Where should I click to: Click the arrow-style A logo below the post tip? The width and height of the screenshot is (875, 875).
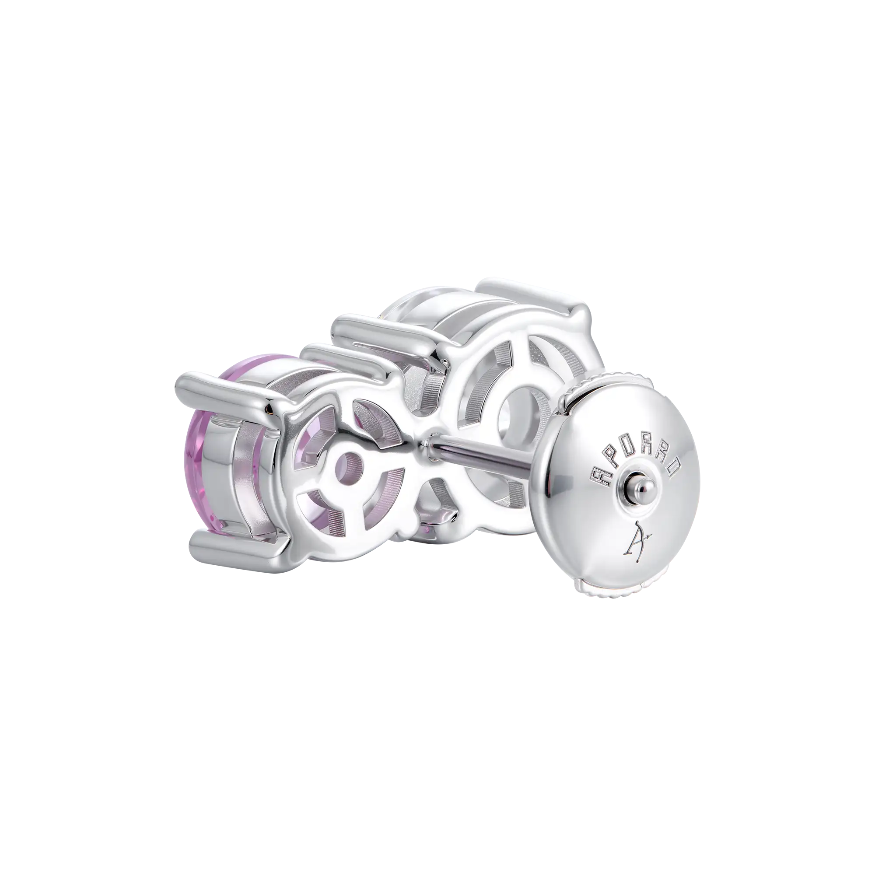pyautogui.click(x=640, y=538)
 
